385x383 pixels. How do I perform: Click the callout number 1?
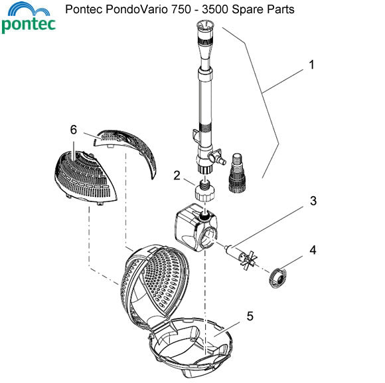tap(311, 65)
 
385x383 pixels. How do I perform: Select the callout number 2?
tap(177, 176)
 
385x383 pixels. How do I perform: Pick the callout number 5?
tap(249, 317)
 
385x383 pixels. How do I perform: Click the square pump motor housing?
tap(189, 227)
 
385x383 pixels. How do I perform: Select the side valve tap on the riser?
tap(213, 160)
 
